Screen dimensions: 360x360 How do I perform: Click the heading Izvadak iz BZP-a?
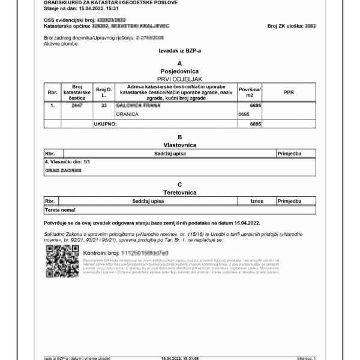click(x=180, y=51)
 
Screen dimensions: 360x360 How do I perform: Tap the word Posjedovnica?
click(x=180, y=70)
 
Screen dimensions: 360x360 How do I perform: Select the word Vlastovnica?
click(x=180, y=145)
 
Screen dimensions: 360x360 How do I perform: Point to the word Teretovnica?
click(x=180, y=192)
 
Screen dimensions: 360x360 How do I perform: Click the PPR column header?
click(x=289, y=92)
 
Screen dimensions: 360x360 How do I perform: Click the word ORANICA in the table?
click(x=128, y=113)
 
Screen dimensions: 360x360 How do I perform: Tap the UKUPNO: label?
click(x=106, y=124)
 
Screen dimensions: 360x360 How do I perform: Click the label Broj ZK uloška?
click(x=285, y=26)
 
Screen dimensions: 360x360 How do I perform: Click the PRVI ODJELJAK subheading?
click(x=180, y=78)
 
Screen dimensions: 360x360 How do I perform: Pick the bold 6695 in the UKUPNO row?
click(x=256, y=124)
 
